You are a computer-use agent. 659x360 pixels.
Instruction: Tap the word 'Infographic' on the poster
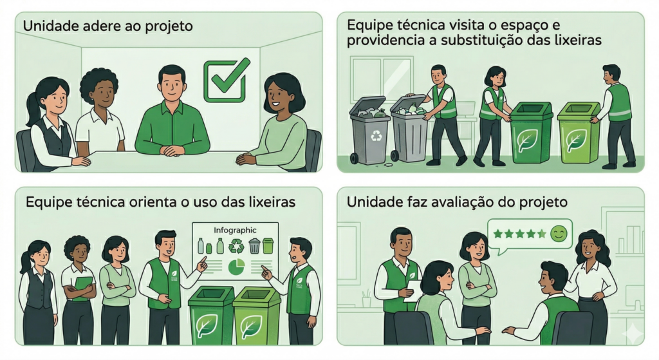coord(235,230)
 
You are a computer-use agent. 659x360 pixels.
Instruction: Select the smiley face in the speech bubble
coord(559,234)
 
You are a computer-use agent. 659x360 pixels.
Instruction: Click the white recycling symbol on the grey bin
coord(375,135)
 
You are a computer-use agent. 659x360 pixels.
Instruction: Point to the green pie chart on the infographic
coord(237,266)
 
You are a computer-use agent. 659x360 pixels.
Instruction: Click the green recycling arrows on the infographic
coord(236,245)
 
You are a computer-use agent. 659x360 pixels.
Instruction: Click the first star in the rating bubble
coord(498,234)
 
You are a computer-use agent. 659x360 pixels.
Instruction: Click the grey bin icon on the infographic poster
coord(254,245)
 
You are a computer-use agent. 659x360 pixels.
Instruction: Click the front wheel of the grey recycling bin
coord(355,158)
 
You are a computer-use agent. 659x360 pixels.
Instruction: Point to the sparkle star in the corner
coord(631,334)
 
